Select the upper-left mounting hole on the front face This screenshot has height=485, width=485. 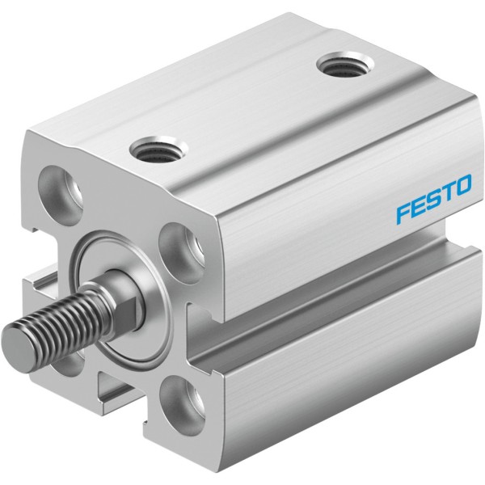point(61,190)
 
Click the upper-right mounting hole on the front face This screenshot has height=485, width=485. point(182,252)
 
